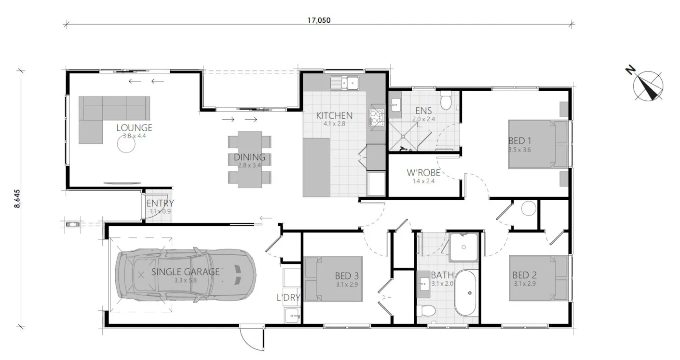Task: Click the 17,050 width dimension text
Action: (x=319, y=20)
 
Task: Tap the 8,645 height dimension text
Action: (x=17, y=199)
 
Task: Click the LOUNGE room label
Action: (x=134, y=127)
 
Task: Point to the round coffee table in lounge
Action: (x=126, y=144)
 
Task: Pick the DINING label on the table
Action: (x=249, y=157)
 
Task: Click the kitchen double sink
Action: (x=344, y=83)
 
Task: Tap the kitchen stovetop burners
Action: (x=377, y=117)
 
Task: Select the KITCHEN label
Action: (x=334, y=115)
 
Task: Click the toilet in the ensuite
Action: (x=446, y=100)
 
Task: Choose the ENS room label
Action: (x=423, y=111)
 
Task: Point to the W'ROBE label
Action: (x=423, y=173)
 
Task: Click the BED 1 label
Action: (x=520, y=140)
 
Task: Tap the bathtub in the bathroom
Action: (x=465, y=293)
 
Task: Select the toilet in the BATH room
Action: (x=426, y=311)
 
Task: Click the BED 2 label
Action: (x=525, y=275)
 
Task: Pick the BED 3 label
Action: (x=347, y=276)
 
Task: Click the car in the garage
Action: (x=186, y=275)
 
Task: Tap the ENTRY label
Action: (x=160, y=203)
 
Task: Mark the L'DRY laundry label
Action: (x=288, y=297)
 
